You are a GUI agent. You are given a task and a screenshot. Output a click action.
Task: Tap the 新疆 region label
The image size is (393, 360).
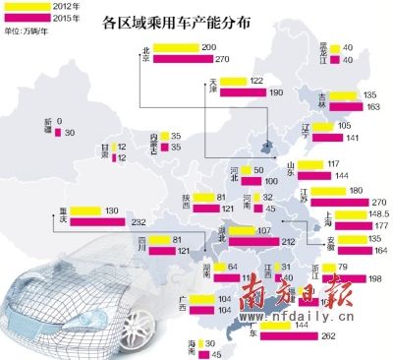(x=50, y=127)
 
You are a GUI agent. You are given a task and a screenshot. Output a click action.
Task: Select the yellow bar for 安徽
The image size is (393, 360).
(x=340, y=238)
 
